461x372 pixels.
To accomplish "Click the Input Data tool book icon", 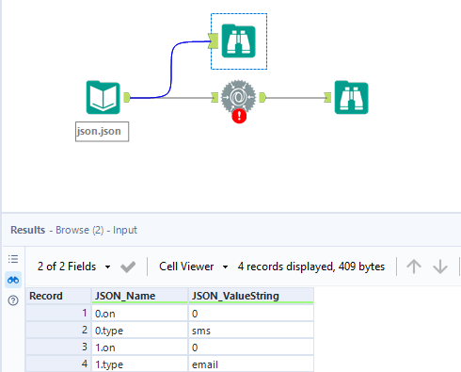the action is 103,97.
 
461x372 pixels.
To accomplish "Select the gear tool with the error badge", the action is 238,95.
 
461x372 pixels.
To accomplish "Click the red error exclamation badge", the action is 238,117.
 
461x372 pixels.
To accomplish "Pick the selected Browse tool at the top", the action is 238,41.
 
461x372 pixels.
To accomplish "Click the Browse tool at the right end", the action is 351,97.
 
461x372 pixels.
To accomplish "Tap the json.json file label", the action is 102,132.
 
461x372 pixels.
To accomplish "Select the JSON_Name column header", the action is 139,295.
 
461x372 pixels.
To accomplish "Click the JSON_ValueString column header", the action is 250,295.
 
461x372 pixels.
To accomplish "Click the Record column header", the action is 57,295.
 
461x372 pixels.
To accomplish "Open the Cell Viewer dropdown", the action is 194,267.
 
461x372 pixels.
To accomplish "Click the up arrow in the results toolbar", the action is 413,267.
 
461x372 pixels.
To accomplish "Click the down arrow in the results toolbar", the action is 439,267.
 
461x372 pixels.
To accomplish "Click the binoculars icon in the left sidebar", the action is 13,279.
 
